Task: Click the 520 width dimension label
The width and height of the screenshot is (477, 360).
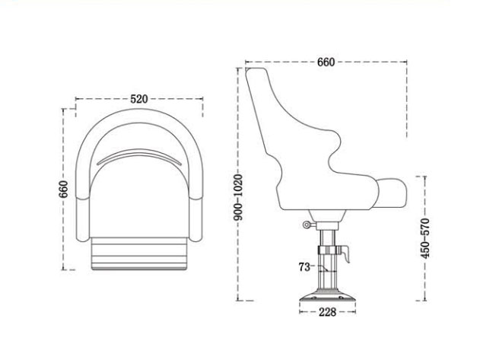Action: click(138, 99)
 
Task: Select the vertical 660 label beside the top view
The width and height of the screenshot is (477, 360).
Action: click(64, 188)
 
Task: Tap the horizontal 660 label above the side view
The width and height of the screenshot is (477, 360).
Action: click(326, 62)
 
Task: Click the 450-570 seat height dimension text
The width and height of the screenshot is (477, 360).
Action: click(426, 238)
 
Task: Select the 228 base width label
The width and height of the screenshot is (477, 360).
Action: click(328, 311)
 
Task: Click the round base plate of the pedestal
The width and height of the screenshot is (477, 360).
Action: click(328, 298)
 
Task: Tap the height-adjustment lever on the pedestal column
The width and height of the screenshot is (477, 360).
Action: click(344, 253)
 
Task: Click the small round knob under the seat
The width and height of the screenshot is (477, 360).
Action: click(306, 225)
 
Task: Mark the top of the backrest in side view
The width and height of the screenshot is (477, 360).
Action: click(256, 71)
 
